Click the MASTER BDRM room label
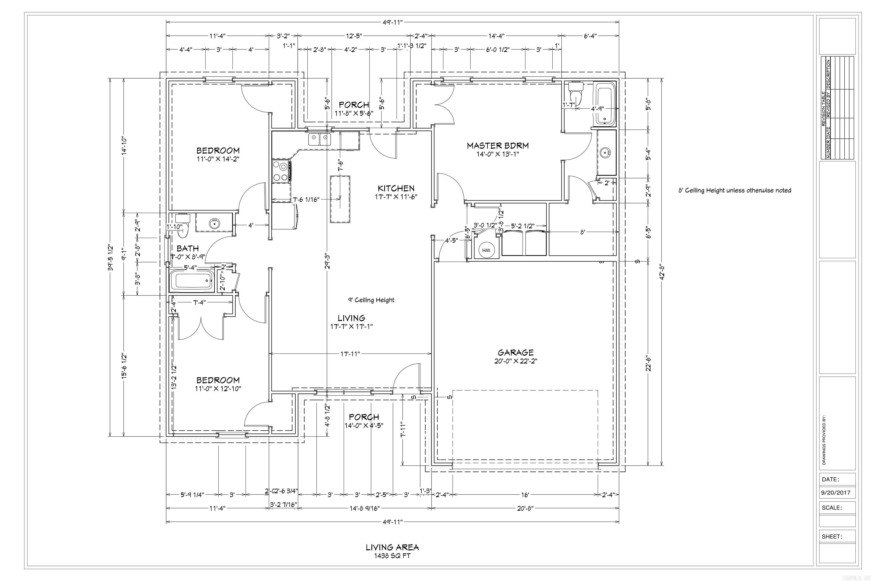(x=497, y=146)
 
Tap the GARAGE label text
(x=515, y=352)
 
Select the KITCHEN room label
(x=396, y=188)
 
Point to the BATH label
(x=187, y=248)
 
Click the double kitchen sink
(x=320, y=140)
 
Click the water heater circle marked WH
(x=486, y=250)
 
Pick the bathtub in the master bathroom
(x=605, y=103)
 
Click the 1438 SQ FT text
(x=392, y=556)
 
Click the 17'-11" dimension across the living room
(x=350, y=354)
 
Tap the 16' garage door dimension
(x=525, y=495)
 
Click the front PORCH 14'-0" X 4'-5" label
(x=364, y=421)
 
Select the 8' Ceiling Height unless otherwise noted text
(x=734, y=190)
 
